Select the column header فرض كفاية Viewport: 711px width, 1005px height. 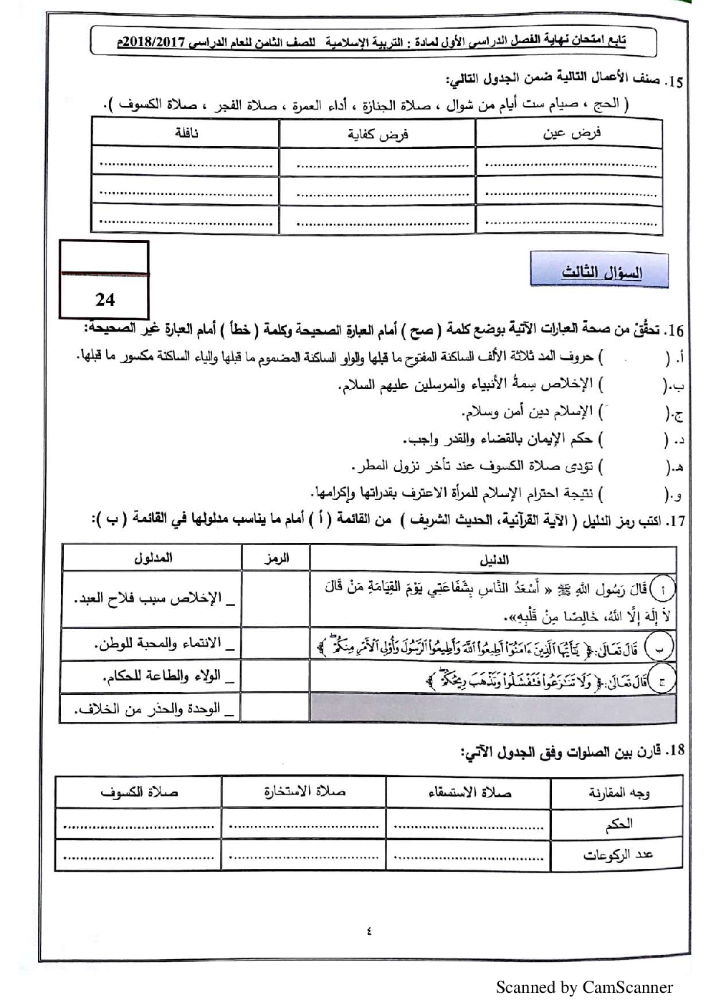pos(378,135)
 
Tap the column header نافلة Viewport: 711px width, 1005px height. pos(186,133)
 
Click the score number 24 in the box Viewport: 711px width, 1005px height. pos(105,299)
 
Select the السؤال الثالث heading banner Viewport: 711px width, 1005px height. pos(601,273)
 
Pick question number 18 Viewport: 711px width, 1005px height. pos(674,751)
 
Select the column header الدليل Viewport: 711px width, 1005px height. pos(493,559)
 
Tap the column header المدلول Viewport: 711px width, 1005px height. pos(153,558)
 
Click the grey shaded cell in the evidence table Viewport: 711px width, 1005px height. pos(492,708)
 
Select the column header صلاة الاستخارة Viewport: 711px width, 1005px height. pos(304,792)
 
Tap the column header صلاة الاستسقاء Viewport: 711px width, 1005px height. pos(469,793)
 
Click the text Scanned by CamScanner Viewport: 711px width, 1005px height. pos(584,988)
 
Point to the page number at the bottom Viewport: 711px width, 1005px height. pos(368,931)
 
